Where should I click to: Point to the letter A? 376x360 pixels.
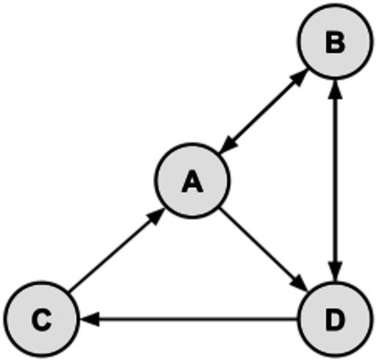click(x=192, y=181)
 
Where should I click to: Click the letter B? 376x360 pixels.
click(x=336, y=43)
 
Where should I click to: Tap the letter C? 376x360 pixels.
click(x=42, y=320)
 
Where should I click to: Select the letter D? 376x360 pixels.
click(x=336, y=320)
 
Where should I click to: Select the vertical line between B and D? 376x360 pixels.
click(x=336, y=181)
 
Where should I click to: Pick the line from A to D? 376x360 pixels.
click(x=264, y=250)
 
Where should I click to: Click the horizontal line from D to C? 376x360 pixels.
click(x=189, y=319)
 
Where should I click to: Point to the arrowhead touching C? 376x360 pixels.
click(x=90, y=319)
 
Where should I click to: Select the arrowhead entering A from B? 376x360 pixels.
click(x=228, y=145)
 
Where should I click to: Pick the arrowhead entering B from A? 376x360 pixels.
click(x=299, y=78)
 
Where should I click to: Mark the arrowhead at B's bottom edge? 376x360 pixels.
click(x=336, y=90)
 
